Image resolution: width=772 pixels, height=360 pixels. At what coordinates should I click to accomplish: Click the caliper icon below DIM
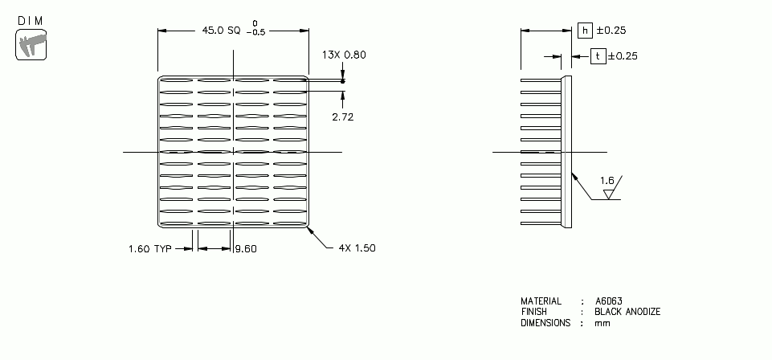(30, 45)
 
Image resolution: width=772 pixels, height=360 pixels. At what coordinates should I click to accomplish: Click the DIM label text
(30, 20)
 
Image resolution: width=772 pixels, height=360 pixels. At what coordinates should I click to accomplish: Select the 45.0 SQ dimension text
(221, 31)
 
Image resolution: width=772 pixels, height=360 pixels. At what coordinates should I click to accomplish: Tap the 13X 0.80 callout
(344, 55)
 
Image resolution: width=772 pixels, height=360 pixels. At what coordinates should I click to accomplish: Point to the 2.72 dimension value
(343, 117)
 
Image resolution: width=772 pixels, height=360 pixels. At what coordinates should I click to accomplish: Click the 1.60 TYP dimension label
(150, 248)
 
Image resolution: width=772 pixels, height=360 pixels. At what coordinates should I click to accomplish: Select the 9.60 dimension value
(246, 248)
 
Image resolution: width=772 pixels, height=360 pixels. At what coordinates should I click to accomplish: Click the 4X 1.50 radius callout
(354, 247)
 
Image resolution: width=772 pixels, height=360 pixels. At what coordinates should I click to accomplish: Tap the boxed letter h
(585, 31)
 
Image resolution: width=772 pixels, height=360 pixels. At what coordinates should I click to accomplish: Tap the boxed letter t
(598, 56)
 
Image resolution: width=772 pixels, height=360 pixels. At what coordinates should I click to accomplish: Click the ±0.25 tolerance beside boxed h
(611, 31)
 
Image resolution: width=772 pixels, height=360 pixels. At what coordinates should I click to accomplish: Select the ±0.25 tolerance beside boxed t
(623, 56)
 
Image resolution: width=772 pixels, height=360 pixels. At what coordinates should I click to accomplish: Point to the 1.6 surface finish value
(607, 181)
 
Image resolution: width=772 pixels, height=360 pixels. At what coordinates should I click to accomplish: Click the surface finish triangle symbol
(609, 194)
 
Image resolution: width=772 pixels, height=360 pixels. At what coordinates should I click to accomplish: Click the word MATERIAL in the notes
(541, 301)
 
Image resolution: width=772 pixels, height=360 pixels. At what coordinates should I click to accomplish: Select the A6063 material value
(609, 301)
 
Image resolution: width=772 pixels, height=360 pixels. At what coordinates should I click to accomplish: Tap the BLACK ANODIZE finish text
(627, 312)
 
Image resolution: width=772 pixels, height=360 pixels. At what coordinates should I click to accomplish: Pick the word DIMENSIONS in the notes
(545, 323)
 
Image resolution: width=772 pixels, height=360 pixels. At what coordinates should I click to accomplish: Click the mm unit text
(602, 323)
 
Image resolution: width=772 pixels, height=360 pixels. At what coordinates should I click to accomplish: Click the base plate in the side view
(567, 151)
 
